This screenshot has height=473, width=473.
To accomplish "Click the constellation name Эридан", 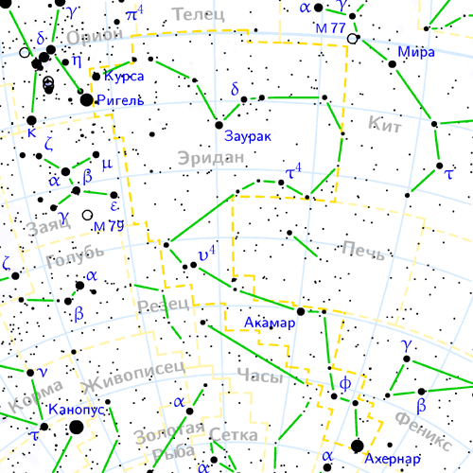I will tap(210, 158).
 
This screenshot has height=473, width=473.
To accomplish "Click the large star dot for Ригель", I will tap(86, 98).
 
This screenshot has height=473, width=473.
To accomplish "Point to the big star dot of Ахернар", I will tap(358, 447).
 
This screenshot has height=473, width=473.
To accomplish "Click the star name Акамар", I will tap(270, 323).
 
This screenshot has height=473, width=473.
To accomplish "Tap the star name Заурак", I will tap(248, 136).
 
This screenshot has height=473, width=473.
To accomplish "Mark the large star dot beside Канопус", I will tap(75, 428).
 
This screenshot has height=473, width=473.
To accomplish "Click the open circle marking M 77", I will tap(353, 39).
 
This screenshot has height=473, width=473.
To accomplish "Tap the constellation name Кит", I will tap(386, 122).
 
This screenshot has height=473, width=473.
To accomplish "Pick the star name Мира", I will tap(416, 52).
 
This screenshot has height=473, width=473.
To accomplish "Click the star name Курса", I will tap(124, 76).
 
